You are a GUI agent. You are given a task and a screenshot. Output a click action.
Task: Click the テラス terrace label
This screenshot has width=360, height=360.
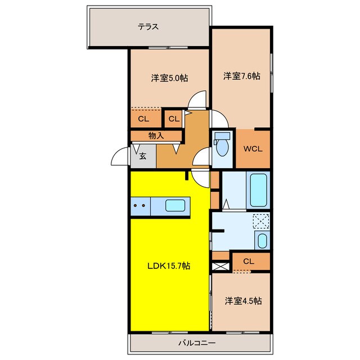coord(148,27)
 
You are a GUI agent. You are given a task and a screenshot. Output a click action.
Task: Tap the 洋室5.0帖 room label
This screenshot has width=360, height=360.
coord(169,78)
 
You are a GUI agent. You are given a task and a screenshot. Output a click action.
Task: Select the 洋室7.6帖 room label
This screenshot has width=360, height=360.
coord(242,76)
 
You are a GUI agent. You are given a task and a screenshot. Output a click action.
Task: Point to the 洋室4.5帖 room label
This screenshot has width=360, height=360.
coord(243,301)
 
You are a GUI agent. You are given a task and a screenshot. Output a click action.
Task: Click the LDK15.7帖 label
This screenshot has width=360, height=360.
coord(169,266)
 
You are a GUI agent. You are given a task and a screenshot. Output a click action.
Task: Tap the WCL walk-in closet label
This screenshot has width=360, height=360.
coord(253,148)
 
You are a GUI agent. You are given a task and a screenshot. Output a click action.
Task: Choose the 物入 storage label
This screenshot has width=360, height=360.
coord(156,136)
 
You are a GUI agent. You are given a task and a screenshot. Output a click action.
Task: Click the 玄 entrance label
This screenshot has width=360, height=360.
coord(142,156)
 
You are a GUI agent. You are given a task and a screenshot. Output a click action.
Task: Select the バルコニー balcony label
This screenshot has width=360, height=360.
coord(197,343)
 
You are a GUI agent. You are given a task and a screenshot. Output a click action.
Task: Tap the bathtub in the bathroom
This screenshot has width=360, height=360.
coord(258,190)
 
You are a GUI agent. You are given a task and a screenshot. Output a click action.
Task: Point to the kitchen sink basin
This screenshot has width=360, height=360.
coord(175,206)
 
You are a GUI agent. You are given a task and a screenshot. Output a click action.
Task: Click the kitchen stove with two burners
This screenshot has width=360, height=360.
coord(141,206)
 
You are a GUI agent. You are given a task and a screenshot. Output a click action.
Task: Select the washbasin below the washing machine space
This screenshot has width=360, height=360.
coord(262,240)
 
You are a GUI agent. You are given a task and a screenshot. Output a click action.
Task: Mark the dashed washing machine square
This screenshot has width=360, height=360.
coord(261,221)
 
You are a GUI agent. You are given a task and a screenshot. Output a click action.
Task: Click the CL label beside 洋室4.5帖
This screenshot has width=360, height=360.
coord(249,261)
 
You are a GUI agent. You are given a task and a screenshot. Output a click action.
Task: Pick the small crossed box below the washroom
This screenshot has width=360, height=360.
coord(220,267)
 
